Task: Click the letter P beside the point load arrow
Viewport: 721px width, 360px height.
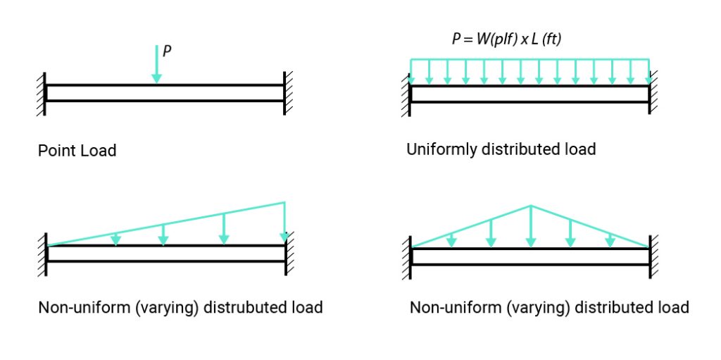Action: (x=167, y=51)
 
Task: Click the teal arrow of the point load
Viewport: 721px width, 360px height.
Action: (x=156, y=63)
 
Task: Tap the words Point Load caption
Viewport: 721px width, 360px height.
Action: (x=77, y=151)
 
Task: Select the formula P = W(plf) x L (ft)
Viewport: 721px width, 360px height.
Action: (x=506, y=39)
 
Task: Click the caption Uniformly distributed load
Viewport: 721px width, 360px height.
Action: (x=501, y=149)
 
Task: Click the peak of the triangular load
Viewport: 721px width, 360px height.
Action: (x=530, y=206)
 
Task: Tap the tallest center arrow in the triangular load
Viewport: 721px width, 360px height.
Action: (x=530, y=227)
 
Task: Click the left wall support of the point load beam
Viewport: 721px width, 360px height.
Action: (x=43, y=93)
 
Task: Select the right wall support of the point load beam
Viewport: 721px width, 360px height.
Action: (x=287, y=92)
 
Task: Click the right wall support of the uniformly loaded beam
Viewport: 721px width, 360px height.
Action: (x=652, y=94)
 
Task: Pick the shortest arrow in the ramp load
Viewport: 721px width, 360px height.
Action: (x=116, y=240)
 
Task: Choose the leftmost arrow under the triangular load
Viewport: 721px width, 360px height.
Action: (x=452, y=240)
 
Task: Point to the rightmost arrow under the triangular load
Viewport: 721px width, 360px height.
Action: (x=610, y=240)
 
